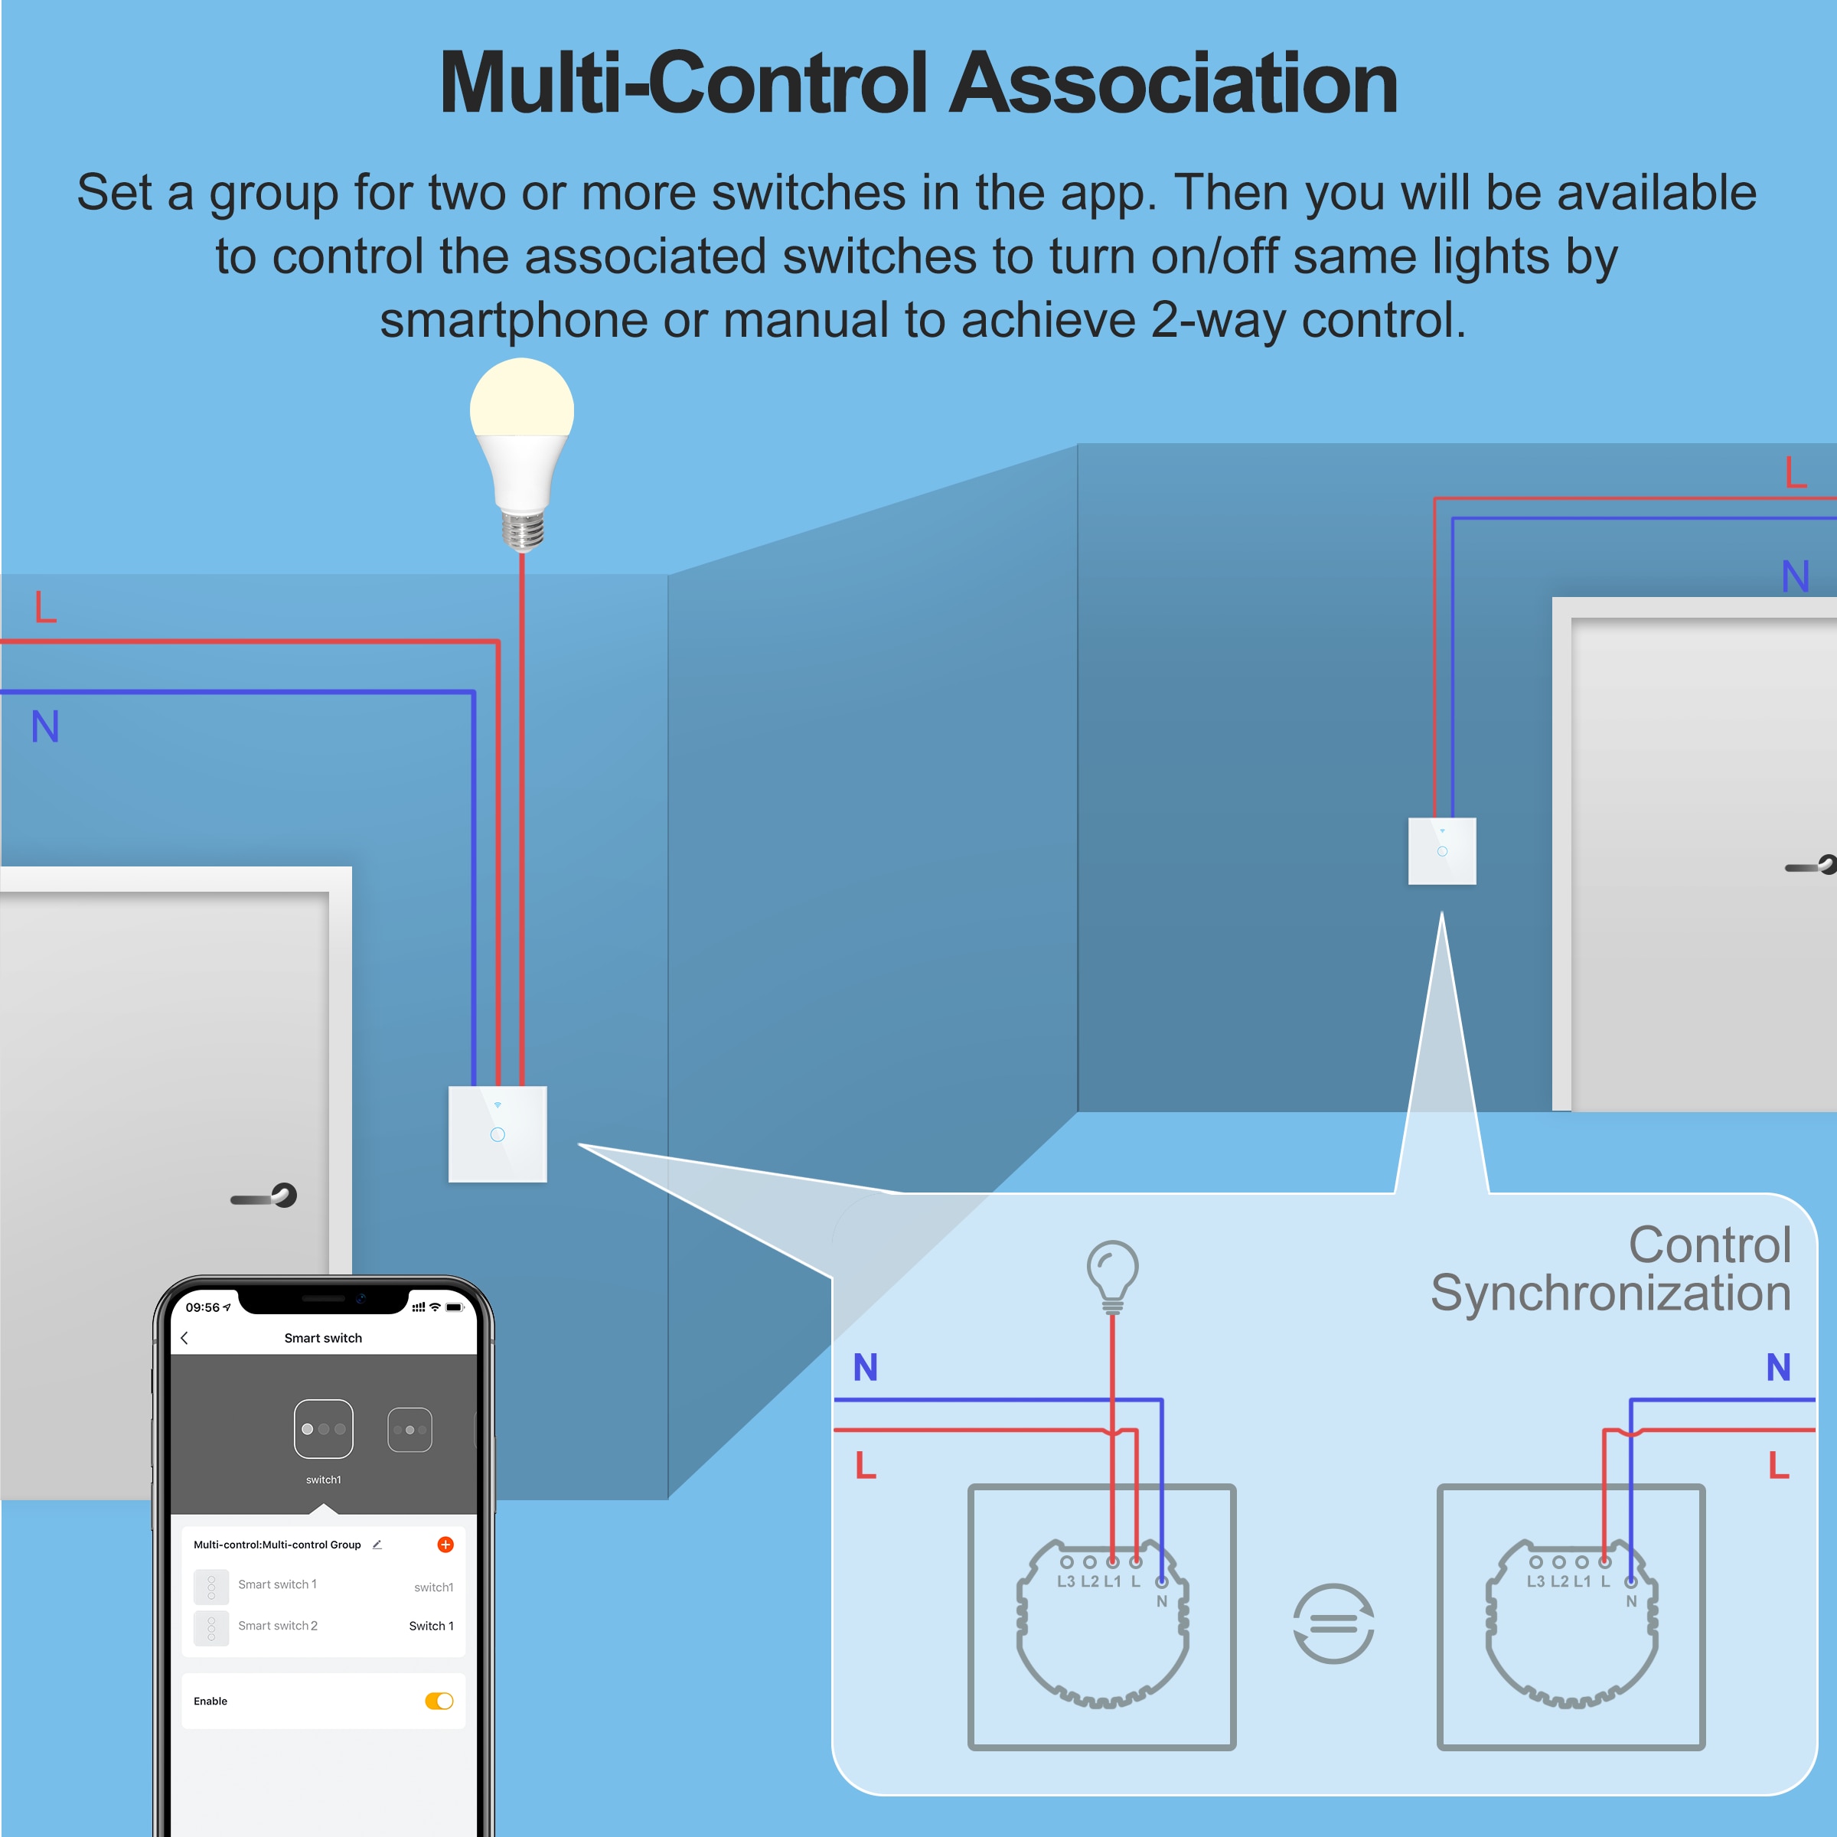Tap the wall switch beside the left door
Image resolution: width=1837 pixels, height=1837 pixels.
click(498, 1134)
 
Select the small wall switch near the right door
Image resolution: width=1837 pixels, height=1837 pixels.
click(1441, 851)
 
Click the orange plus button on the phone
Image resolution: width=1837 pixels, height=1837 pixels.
click(445, 1544)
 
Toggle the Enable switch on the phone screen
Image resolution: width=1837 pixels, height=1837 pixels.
click(439, 1701)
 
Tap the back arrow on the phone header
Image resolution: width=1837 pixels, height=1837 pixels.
click(184, 1338)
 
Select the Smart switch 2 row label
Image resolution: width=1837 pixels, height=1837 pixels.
click(278, 1626)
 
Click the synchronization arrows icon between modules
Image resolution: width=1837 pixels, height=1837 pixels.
click(1333, 1623)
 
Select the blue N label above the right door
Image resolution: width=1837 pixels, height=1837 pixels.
click(1795, 576)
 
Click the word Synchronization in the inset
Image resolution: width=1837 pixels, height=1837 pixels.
click(1610, 1293)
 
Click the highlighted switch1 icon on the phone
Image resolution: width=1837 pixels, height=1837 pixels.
click(323, 1428)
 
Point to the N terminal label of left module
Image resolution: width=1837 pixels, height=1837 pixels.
click(1162, 1601)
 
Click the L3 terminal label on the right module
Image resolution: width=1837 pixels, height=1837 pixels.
click(1535, 1581)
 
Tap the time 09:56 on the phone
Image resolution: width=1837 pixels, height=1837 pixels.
click(203, 1307)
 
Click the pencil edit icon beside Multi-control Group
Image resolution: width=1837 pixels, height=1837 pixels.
click(377, 1544)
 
